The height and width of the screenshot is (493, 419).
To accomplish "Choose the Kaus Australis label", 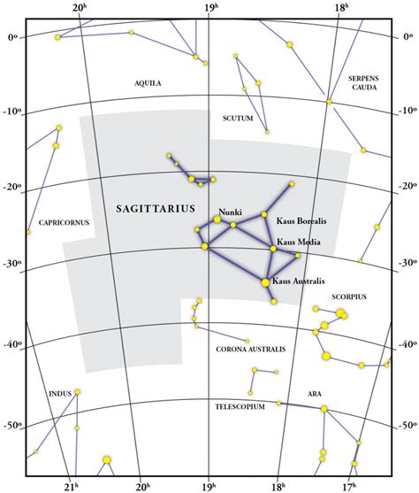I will pos(299,281).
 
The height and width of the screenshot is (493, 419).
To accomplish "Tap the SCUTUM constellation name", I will pos(239,118).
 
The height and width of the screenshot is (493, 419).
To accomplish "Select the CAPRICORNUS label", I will pos(64,222).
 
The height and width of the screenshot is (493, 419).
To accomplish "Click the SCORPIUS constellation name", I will pos(349,297).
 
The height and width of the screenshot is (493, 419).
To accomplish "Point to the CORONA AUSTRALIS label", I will pos(251,350).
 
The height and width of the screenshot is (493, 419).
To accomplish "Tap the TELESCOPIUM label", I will pos(240,407).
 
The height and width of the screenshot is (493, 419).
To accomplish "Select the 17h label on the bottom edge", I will pos(350,485).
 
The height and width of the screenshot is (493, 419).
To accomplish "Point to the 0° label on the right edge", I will pos(408,36).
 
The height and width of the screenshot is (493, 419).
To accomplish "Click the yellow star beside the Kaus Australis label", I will pos(266,282).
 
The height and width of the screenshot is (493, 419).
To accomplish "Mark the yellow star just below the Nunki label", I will pos(217,219).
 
